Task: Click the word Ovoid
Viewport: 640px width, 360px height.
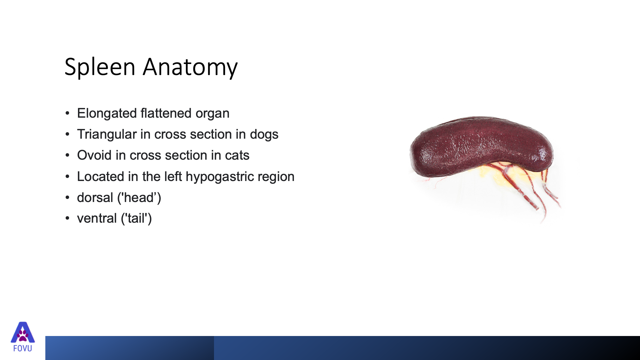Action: click(x=94, y=155)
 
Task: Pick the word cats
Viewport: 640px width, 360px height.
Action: click(x=237, y=156)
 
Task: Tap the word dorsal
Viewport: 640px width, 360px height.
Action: click(x=95, y=198)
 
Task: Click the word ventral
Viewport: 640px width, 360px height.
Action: click(x=97, y=219)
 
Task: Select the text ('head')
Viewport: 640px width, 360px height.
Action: click(x=139, y=198)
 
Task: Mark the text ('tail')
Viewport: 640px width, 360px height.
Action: click(x=136, y=219)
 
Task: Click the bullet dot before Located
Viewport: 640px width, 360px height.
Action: click(x=67, y=177)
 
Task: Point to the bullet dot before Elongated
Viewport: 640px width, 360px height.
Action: click(x=67, y=113)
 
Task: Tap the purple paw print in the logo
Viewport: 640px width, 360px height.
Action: click(x=23, y=335)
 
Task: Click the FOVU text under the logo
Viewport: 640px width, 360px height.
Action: click(x=23, y=349)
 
